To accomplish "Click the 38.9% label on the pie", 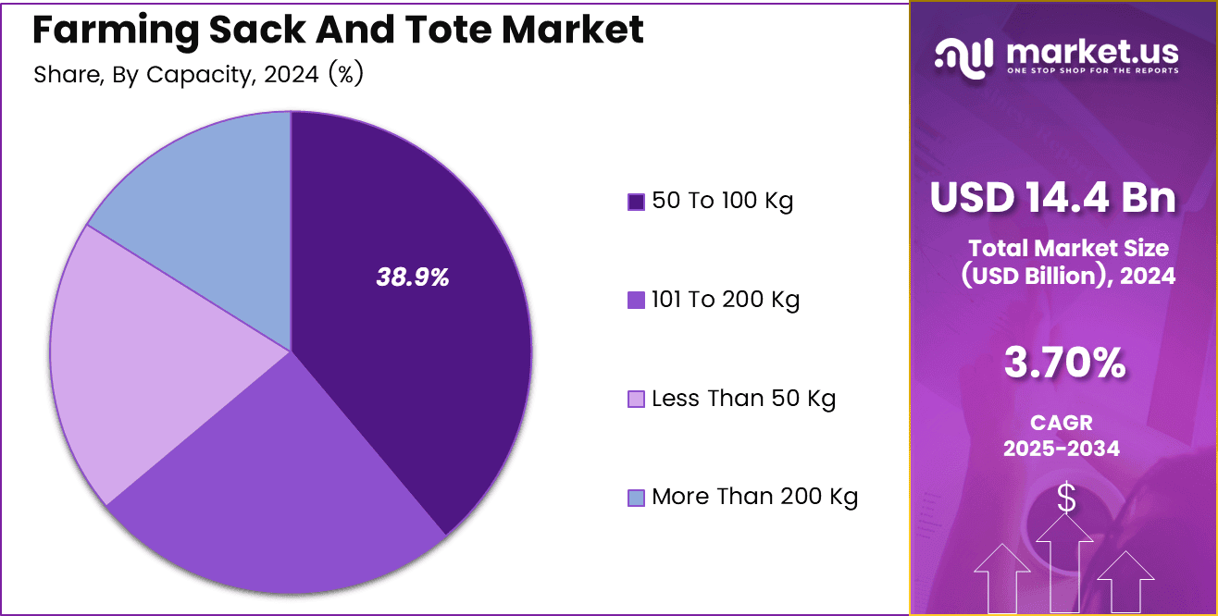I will pyautogui.click(x=412, y=277).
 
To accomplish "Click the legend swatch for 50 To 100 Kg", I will pyautogui.click(x=636, y=202).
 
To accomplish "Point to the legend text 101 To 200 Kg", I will pyautogui.click(x=726, y=300).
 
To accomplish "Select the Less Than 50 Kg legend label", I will pyautogui.click(x=743, y=399).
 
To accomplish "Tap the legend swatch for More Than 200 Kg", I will pyautogui.click(x=636, y=499).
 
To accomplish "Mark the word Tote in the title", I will pyautogui.click(x=442, y=31).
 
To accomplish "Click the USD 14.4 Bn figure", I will pyautogui.click(x=1053, y=198).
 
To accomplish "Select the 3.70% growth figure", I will pyautogui.click(x=1064, y=363).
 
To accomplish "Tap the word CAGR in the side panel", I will pyautogui.click(x=1062, y=423).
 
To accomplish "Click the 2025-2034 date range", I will pyautogui.click(x=1062, y=449).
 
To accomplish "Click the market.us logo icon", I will pyautogui.click(x=965, y=56).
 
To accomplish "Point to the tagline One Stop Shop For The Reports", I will pyautogui.click(x=1092, y=71).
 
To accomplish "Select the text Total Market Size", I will pyautogui.click(x=1068, y=248).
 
